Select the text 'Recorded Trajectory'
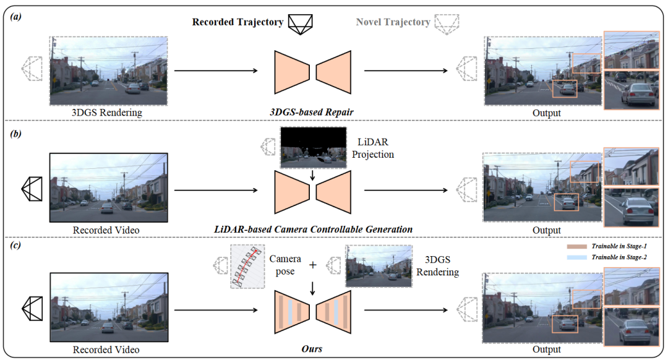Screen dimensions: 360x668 tap(238, 22)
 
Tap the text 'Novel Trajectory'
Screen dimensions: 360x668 tap(393, 22)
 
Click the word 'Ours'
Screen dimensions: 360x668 tap(312, 349)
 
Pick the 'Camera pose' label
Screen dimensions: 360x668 tap(286, 265)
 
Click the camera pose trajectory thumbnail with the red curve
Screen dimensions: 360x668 tap(247, 266)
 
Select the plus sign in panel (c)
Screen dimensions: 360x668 tap(313, 265)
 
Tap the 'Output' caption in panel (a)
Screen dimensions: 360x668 tap(546, 113)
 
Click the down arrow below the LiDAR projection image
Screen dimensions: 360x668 tap(313, 176)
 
